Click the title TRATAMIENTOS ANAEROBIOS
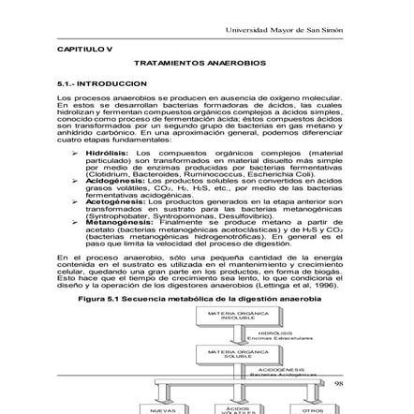click(200, 63)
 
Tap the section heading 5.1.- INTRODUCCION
click(88, 83)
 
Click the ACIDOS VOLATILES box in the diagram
click(237, 408)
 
